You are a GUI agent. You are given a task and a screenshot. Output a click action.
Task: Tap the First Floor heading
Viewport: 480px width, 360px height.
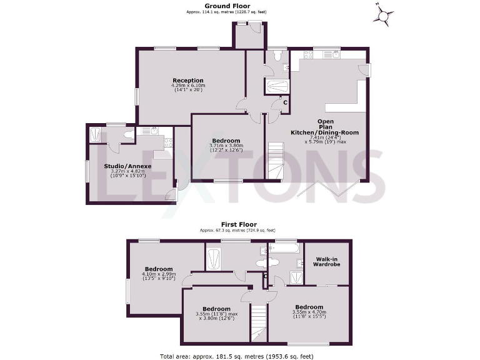click(x=240, y=224)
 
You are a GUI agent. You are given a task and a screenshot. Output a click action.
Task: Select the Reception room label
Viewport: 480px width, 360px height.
click(x=188, y=80)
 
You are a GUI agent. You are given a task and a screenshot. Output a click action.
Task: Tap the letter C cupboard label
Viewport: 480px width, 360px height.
click(x=285, y=102)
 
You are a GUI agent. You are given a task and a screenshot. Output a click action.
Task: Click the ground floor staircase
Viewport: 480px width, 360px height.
click(x=276, y=160)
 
